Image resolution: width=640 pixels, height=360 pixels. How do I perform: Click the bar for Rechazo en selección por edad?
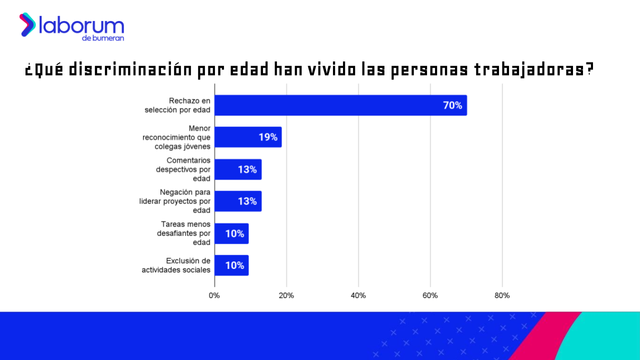tap(340, 105)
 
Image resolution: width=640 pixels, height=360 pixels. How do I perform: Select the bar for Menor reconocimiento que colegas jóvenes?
tap(247, 137)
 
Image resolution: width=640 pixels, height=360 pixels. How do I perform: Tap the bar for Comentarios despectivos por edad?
tap(237, 169)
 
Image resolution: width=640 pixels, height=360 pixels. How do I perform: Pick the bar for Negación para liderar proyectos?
tap(237, 201)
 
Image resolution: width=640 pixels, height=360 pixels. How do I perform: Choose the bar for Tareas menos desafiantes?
tap(231, 233)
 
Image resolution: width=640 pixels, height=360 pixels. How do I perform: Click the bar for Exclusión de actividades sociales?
tap(231, 265)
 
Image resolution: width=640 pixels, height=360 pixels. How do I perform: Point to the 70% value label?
tap(452, 105)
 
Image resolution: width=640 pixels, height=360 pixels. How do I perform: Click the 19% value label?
tap(268, 137)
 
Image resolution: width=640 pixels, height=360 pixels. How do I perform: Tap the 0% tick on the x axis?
tap(214, 295)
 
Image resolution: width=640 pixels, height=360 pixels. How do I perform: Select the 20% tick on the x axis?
tap(286, 295)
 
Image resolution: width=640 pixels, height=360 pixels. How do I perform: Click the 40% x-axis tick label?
tap(358, 295)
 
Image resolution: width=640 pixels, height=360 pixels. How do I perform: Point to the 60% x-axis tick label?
tap(430, 295)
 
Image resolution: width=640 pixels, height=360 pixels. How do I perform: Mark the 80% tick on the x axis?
tap(502, 295)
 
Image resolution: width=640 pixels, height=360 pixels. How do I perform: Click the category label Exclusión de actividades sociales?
tap(176, 265)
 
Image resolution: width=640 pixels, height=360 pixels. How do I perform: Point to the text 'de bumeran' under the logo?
tap(103, 38)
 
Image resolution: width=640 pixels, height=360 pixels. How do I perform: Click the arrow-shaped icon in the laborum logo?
tap(27, 24)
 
